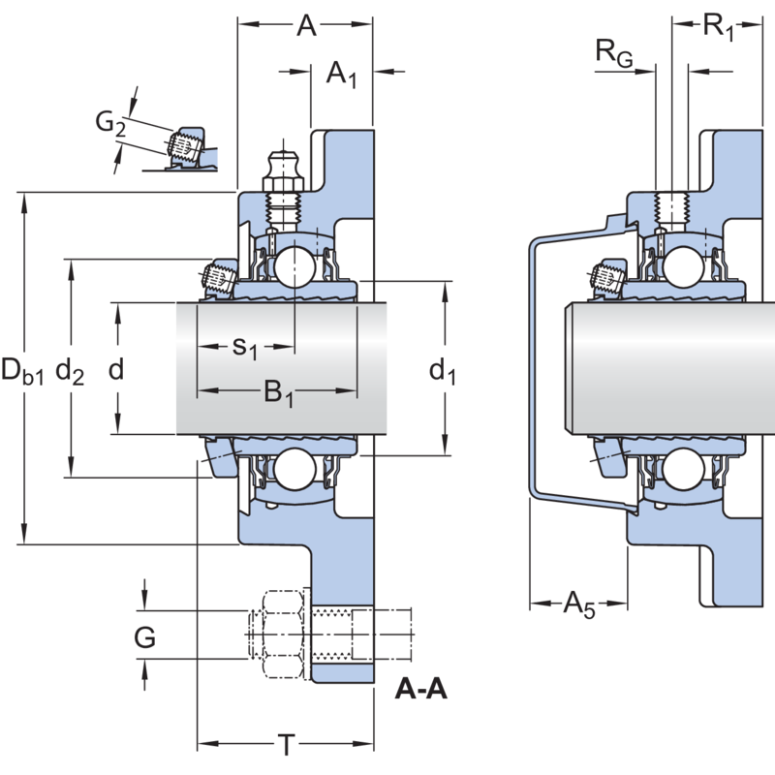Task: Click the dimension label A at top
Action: coord(307,27)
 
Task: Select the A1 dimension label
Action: coord(341,74)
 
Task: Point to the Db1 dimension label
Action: coord(22,370)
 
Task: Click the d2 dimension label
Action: coord(70,370)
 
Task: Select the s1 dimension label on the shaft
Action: coord(245,347)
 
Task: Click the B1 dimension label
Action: coord(279,393)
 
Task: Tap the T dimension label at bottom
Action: coord(286,746)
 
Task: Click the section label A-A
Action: coord(421,690)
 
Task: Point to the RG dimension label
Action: coord(613,54)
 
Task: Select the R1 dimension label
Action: coord(719,27)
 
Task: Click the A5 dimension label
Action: coord(579,606)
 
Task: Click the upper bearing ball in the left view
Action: coord(292,263)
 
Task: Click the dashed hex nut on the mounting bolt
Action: coord(279,635)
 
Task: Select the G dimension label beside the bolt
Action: coord(145,637)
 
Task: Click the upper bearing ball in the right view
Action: coord(684,263)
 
